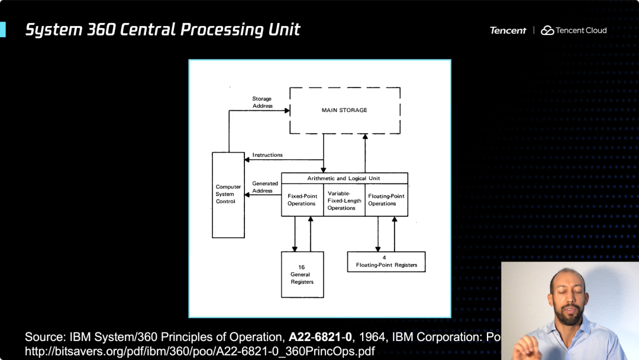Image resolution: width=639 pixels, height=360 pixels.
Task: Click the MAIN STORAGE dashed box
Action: tap(344, 111)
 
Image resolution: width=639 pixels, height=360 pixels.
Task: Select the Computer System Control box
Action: tap(228, 194)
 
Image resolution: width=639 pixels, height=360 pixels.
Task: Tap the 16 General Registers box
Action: tap(302, 274)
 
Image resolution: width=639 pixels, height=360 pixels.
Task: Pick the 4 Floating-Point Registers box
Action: tap(386, 261)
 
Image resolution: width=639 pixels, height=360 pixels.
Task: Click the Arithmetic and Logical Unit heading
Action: tap(344, 178)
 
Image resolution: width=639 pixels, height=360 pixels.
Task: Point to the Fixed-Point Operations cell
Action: tap(302, 200)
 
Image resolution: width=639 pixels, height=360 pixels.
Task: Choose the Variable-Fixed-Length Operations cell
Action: tap(344, 200)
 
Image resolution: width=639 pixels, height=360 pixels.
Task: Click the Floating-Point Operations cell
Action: tap(386, 200)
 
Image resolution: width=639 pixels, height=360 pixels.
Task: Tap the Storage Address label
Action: tap(262, 102)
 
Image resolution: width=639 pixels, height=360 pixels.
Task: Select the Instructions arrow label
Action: tap(267, 155)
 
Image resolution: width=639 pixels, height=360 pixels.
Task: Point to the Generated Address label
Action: tap(264, 187)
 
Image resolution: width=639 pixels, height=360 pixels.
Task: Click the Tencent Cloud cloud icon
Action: tap(547, 30)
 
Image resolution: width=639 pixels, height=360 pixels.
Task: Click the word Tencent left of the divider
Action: tap(508, 30)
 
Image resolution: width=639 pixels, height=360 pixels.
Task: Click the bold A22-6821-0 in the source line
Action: tap(320, 337)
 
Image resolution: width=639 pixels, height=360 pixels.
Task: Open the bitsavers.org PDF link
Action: tap(199, 351)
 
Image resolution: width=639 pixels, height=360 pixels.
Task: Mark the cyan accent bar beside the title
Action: tap(2, 30)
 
